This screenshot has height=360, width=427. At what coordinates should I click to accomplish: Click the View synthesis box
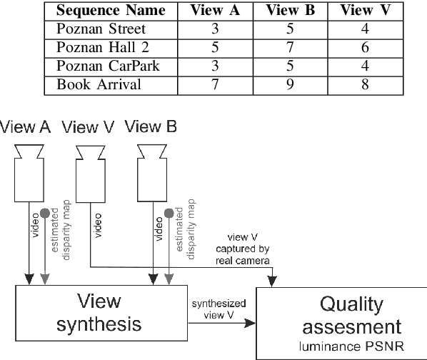click(100, 314)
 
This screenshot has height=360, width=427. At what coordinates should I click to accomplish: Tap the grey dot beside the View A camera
click(45, 213)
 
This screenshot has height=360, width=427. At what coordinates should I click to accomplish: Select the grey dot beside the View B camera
click(169, 213)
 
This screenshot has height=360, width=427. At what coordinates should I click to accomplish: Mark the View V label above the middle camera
click(89, 128)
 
